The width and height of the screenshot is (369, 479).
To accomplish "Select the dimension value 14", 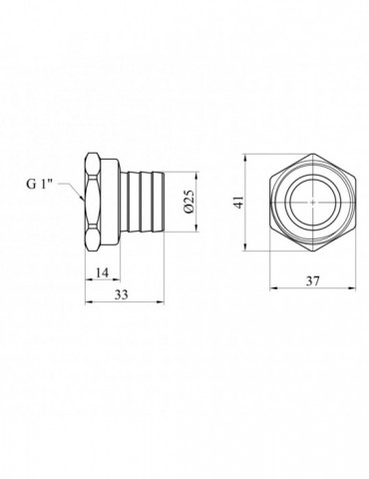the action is pyautogui.click(x=102, y=272).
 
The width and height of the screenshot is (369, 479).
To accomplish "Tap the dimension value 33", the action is pyautogui.click(x=122, y=294).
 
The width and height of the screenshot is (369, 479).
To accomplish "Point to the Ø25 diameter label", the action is pyautogui.click(x=188, y=202).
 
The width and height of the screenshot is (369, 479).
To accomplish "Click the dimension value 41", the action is pyautogui.click(x=239, y=203).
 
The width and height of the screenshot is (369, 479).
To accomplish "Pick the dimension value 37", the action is pyautogui.click(x=312, y=281).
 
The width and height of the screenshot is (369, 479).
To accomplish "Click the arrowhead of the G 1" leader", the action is pyautogui.click(x=82, y=198).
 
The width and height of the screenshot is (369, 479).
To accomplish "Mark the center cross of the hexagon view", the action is pyautogui.click(x=313, y=203).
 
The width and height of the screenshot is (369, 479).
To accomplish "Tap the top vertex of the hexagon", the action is pyautogui.click(x=313, y=154).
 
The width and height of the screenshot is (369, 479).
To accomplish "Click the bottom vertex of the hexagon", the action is pyautogui.click(x=313, y=250).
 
